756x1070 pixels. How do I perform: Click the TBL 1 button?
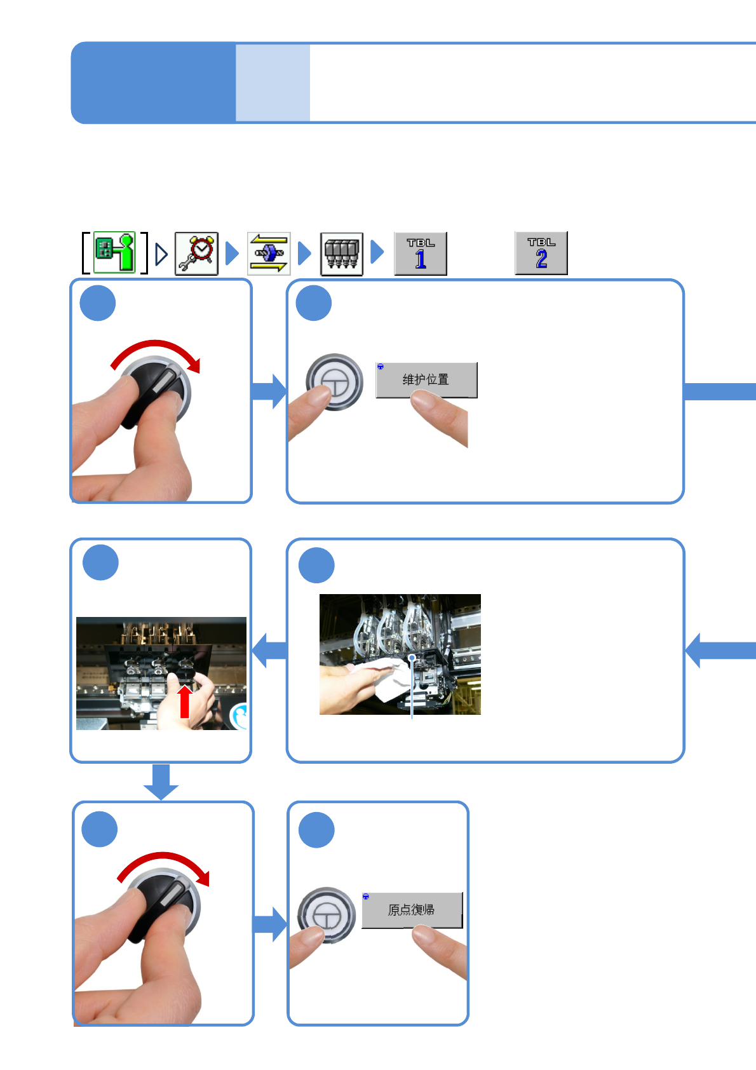coord(420,254)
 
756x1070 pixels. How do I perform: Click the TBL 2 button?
coord(541,253)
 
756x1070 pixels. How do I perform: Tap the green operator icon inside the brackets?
coord(115,253)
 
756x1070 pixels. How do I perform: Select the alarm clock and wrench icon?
coord(196,254)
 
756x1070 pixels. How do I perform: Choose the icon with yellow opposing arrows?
coord(269,254)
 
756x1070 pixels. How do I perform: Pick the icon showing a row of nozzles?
coord(341,254)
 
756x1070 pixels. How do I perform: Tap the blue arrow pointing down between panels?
coord(161,782)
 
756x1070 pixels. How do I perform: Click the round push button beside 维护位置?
coord(334,382)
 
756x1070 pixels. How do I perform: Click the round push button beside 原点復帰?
coord(326,916)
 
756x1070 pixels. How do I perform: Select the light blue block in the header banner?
coord(273,83)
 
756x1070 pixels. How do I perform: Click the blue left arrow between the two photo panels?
coord(269,651)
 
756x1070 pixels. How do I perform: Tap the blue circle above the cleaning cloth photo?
coord(316,565)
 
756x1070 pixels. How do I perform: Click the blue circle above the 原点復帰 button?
coord(316,830)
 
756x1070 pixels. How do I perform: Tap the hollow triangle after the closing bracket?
coord(161,254)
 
